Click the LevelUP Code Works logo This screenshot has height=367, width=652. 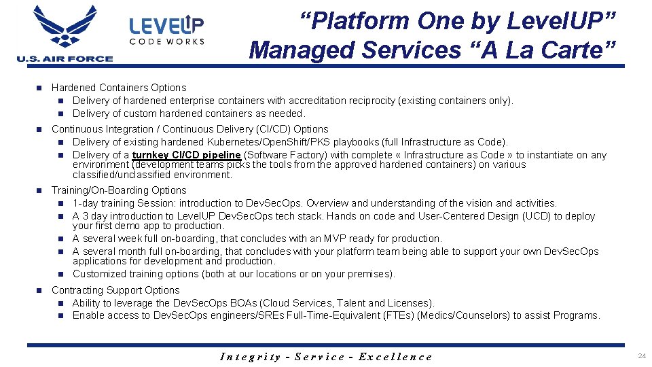coord(166,31)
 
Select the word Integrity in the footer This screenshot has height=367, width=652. coord(251,357)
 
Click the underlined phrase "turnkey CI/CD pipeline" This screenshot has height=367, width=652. coord(186,155)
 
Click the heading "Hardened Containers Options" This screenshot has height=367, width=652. coord(119,88)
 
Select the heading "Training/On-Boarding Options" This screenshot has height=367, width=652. coord(119,190)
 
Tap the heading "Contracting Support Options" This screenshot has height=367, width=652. coord(115,290)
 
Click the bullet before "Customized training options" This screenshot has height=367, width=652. coord(60,274)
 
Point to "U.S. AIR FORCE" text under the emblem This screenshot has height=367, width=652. coord(65,59)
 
